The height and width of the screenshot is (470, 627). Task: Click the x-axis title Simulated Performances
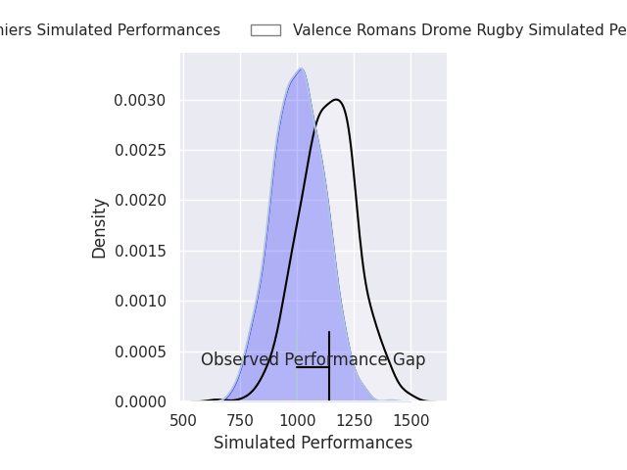(313, 443)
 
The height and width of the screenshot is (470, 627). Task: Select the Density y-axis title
(99, 228)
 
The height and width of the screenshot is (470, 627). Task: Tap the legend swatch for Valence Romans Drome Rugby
(265, 30)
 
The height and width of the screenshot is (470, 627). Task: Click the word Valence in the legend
(321, 30)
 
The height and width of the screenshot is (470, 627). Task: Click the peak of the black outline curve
(336, 99)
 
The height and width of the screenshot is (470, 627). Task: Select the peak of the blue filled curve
(301, 69)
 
